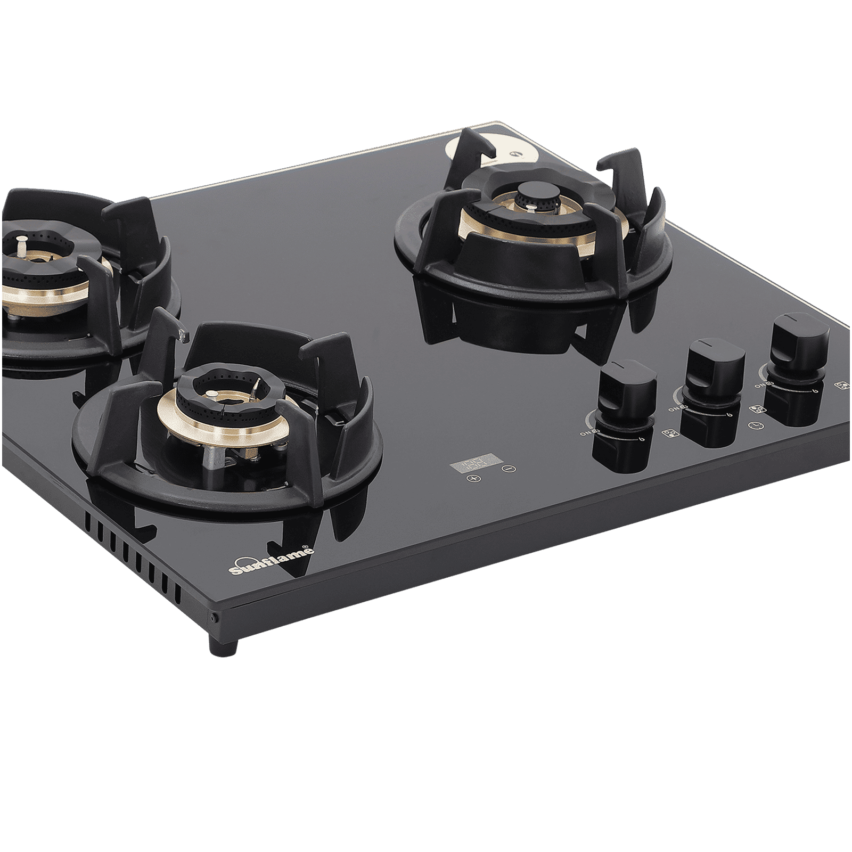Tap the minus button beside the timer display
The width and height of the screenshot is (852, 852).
[x=509, y=469]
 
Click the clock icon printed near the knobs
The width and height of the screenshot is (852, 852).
[x=754, y=425]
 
